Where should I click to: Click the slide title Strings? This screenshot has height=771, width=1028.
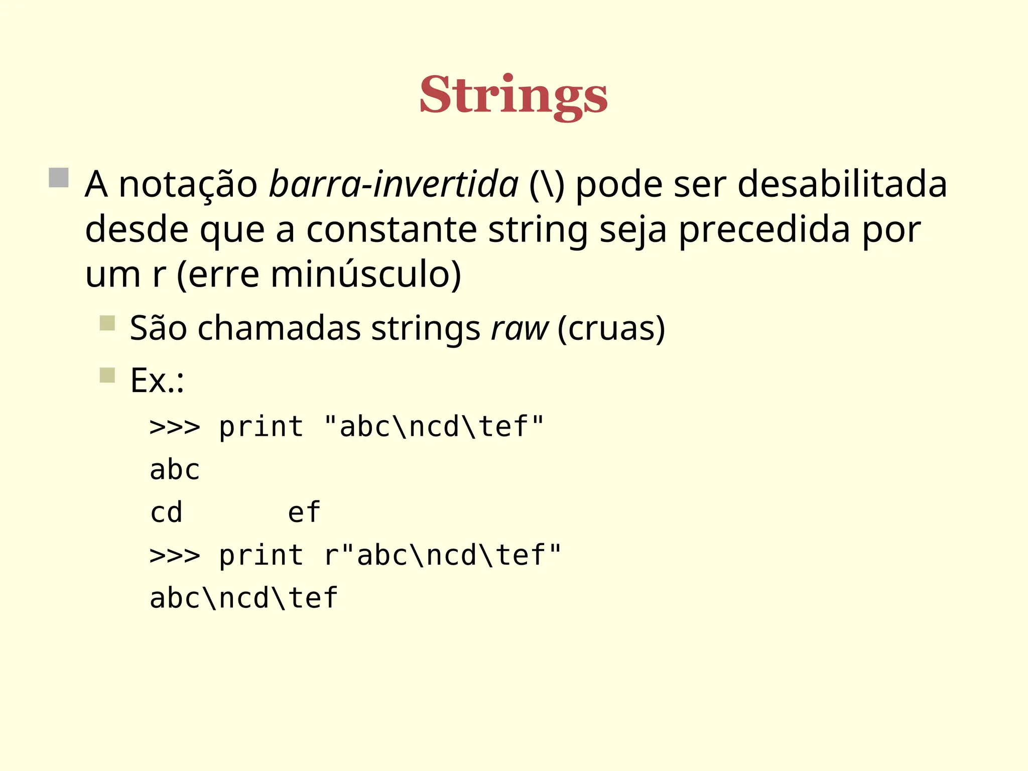[x=513, y=95]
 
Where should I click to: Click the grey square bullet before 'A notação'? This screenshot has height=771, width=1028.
[x=59, y=178]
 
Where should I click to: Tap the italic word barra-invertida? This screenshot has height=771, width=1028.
[x=394, y=184]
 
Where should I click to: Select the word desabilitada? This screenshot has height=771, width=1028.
[x=842, y=184]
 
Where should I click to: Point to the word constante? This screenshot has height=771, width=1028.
[x=391, y=230]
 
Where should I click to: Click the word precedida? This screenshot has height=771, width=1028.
[x=764, y=230]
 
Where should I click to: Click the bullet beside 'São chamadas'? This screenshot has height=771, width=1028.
[x=107, y=323]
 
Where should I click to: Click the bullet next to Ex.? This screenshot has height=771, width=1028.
[x=107, y=375]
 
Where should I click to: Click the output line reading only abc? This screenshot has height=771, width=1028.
[x=175, y=470]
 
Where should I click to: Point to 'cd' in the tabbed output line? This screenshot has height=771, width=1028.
[x=166, y=512]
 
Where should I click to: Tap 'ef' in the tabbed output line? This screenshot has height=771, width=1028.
[x=304, y=512]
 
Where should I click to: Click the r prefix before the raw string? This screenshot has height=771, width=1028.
[x=330, y=556]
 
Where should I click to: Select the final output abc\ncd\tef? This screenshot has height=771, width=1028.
[x=244, y=598]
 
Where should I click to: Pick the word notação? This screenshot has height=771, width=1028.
[x=188, y=184]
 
